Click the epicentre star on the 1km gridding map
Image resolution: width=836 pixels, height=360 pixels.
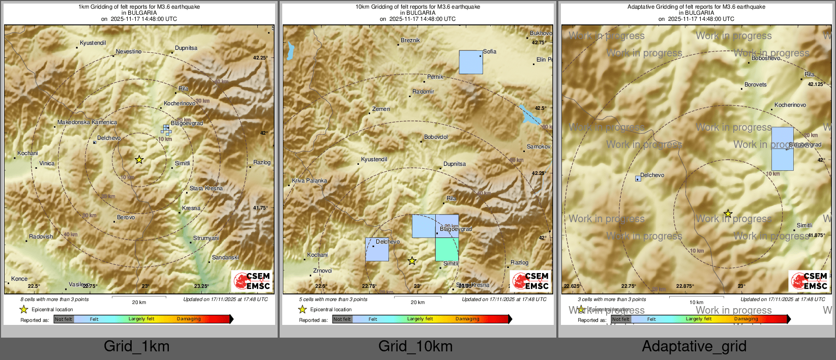(139, 160)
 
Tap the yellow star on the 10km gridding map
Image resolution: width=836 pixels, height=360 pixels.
(412, 261)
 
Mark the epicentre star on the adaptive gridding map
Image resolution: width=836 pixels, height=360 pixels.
(728, 214)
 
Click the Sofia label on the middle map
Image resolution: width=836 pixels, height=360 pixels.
(490, 51)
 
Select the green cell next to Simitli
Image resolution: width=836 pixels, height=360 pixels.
(446, 249)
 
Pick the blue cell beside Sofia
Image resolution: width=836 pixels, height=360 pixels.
(471, 62)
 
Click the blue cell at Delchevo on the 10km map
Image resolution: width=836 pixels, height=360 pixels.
(377, 249)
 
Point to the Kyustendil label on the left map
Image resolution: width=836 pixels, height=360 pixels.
(93, 43)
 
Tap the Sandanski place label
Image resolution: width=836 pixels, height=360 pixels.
(225, 257)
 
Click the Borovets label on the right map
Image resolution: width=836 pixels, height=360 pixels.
(755, 84)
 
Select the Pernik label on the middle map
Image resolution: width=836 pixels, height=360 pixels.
(435, 77)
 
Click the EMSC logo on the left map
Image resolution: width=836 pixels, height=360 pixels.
(252, 281)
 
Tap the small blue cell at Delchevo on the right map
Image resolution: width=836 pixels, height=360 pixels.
(638, 178)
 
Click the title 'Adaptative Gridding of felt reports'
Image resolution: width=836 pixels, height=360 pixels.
(696, 7)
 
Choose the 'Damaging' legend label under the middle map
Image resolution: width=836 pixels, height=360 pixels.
(467, 319)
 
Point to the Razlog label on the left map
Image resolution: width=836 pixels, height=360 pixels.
(262, 162)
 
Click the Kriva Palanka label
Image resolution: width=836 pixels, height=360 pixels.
(309, 181)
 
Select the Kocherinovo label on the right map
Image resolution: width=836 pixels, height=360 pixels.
(790, 105)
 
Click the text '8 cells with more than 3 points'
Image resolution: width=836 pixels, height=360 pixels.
(54, 299)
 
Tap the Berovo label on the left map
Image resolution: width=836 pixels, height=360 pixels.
(126, 217)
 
